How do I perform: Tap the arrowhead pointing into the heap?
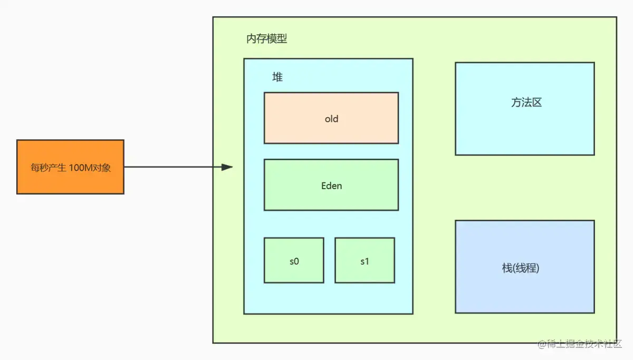[227, 167]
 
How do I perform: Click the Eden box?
[331, 198]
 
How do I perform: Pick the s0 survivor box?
[294, 271]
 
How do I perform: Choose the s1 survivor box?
[365, 271]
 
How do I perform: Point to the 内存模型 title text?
[267, 39]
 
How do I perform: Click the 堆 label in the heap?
[277, 77]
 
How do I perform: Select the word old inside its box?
[331, 119]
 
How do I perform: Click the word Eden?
[331, 186]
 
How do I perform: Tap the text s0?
[294, 261]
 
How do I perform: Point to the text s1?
[365, 261]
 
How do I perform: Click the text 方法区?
[526, 103]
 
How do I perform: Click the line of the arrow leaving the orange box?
[169, 167]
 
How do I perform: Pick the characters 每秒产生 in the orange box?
[49, 168]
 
